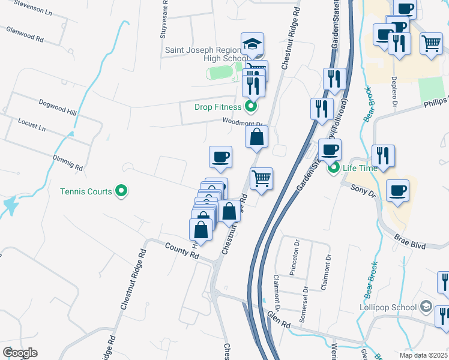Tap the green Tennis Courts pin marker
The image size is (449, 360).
(122, 191)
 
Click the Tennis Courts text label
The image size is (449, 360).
(86, 192)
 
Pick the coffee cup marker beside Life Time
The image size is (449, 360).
(329, 150)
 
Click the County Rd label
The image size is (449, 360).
(181, 251)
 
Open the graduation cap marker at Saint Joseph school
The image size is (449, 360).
(253, 44)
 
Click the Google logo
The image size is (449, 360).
(20, 353)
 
